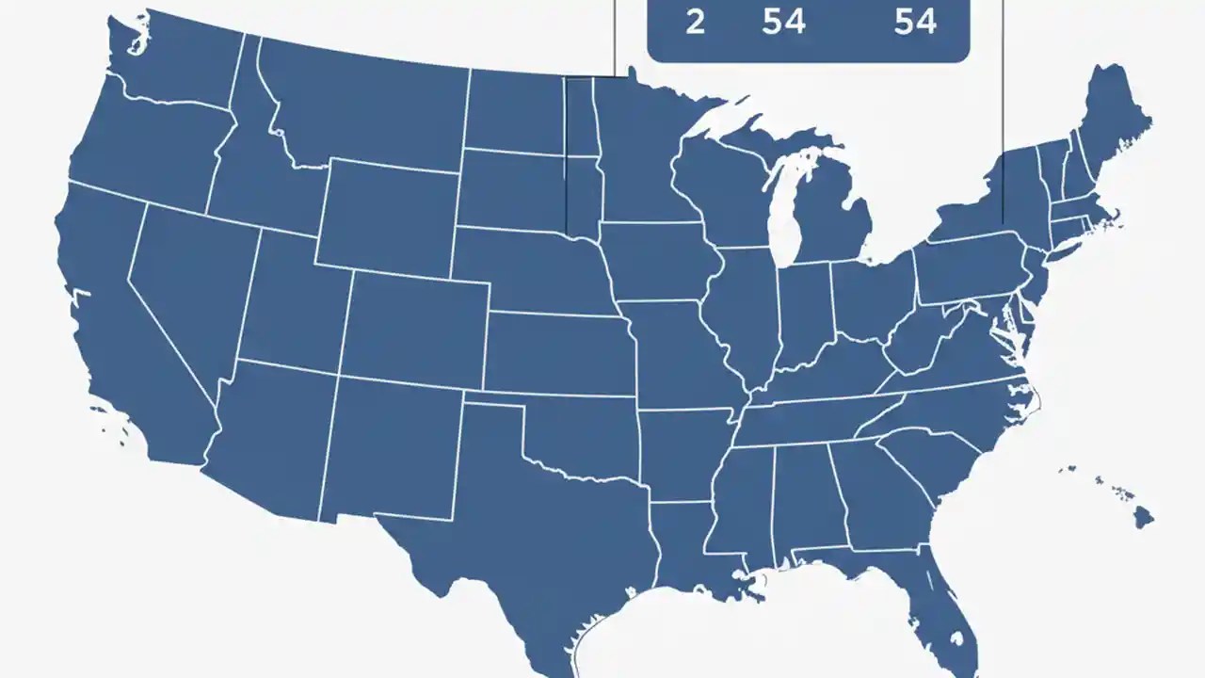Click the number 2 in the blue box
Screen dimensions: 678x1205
tap(695, 22)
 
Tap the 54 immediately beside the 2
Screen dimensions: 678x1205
tap(783, 22)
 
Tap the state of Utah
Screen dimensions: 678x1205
tap(292, 301)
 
